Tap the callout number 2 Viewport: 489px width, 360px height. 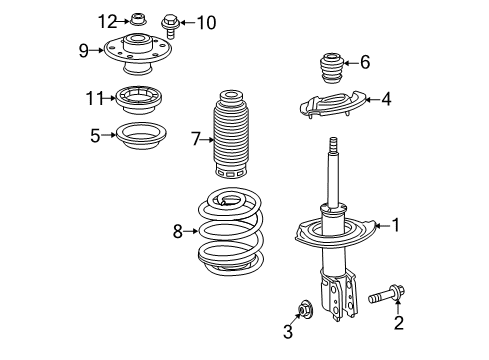click(398, 322)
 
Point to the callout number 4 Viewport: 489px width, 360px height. click(385, 99)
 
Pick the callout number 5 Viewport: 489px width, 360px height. click(94, 134)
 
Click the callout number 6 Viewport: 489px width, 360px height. click(365, 62)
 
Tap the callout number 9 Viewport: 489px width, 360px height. click(84, 47)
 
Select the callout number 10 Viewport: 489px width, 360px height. click(205, 21)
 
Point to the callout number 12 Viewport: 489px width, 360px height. click(107, 20)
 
